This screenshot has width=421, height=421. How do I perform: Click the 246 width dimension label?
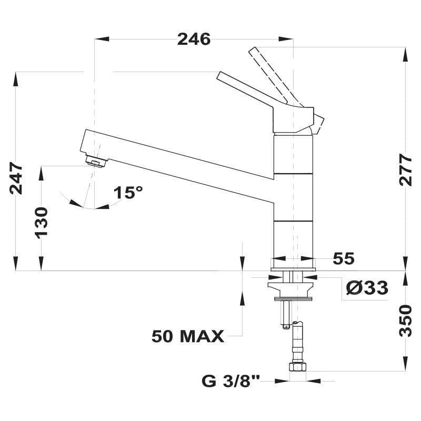pyautogui.click(x=194, y=39)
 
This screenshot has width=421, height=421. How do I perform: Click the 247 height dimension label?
pyautogui.click(x=16, y=178)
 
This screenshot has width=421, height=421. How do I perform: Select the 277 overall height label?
pyautogui.click(x=405, y=169)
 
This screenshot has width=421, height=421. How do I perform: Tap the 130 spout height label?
pyautogui.click(x=42, y=221)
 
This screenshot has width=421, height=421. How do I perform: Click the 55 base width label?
pyautogui.click(x=344, y=258)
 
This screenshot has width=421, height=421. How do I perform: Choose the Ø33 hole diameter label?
pyautogui.click(x=367, y=288)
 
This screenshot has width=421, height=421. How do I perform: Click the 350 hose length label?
pyautogui.click(x=405, y=320)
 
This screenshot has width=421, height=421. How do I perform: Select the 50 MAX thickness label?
pyautogui.click(x=188, y=336)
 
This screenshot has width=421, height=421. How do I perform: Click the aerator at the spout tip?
pyautogui.click(x=96, y=162)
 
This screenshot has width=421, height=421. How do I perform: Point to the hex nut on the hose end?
pyautogui.click(x=297, y=367)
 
